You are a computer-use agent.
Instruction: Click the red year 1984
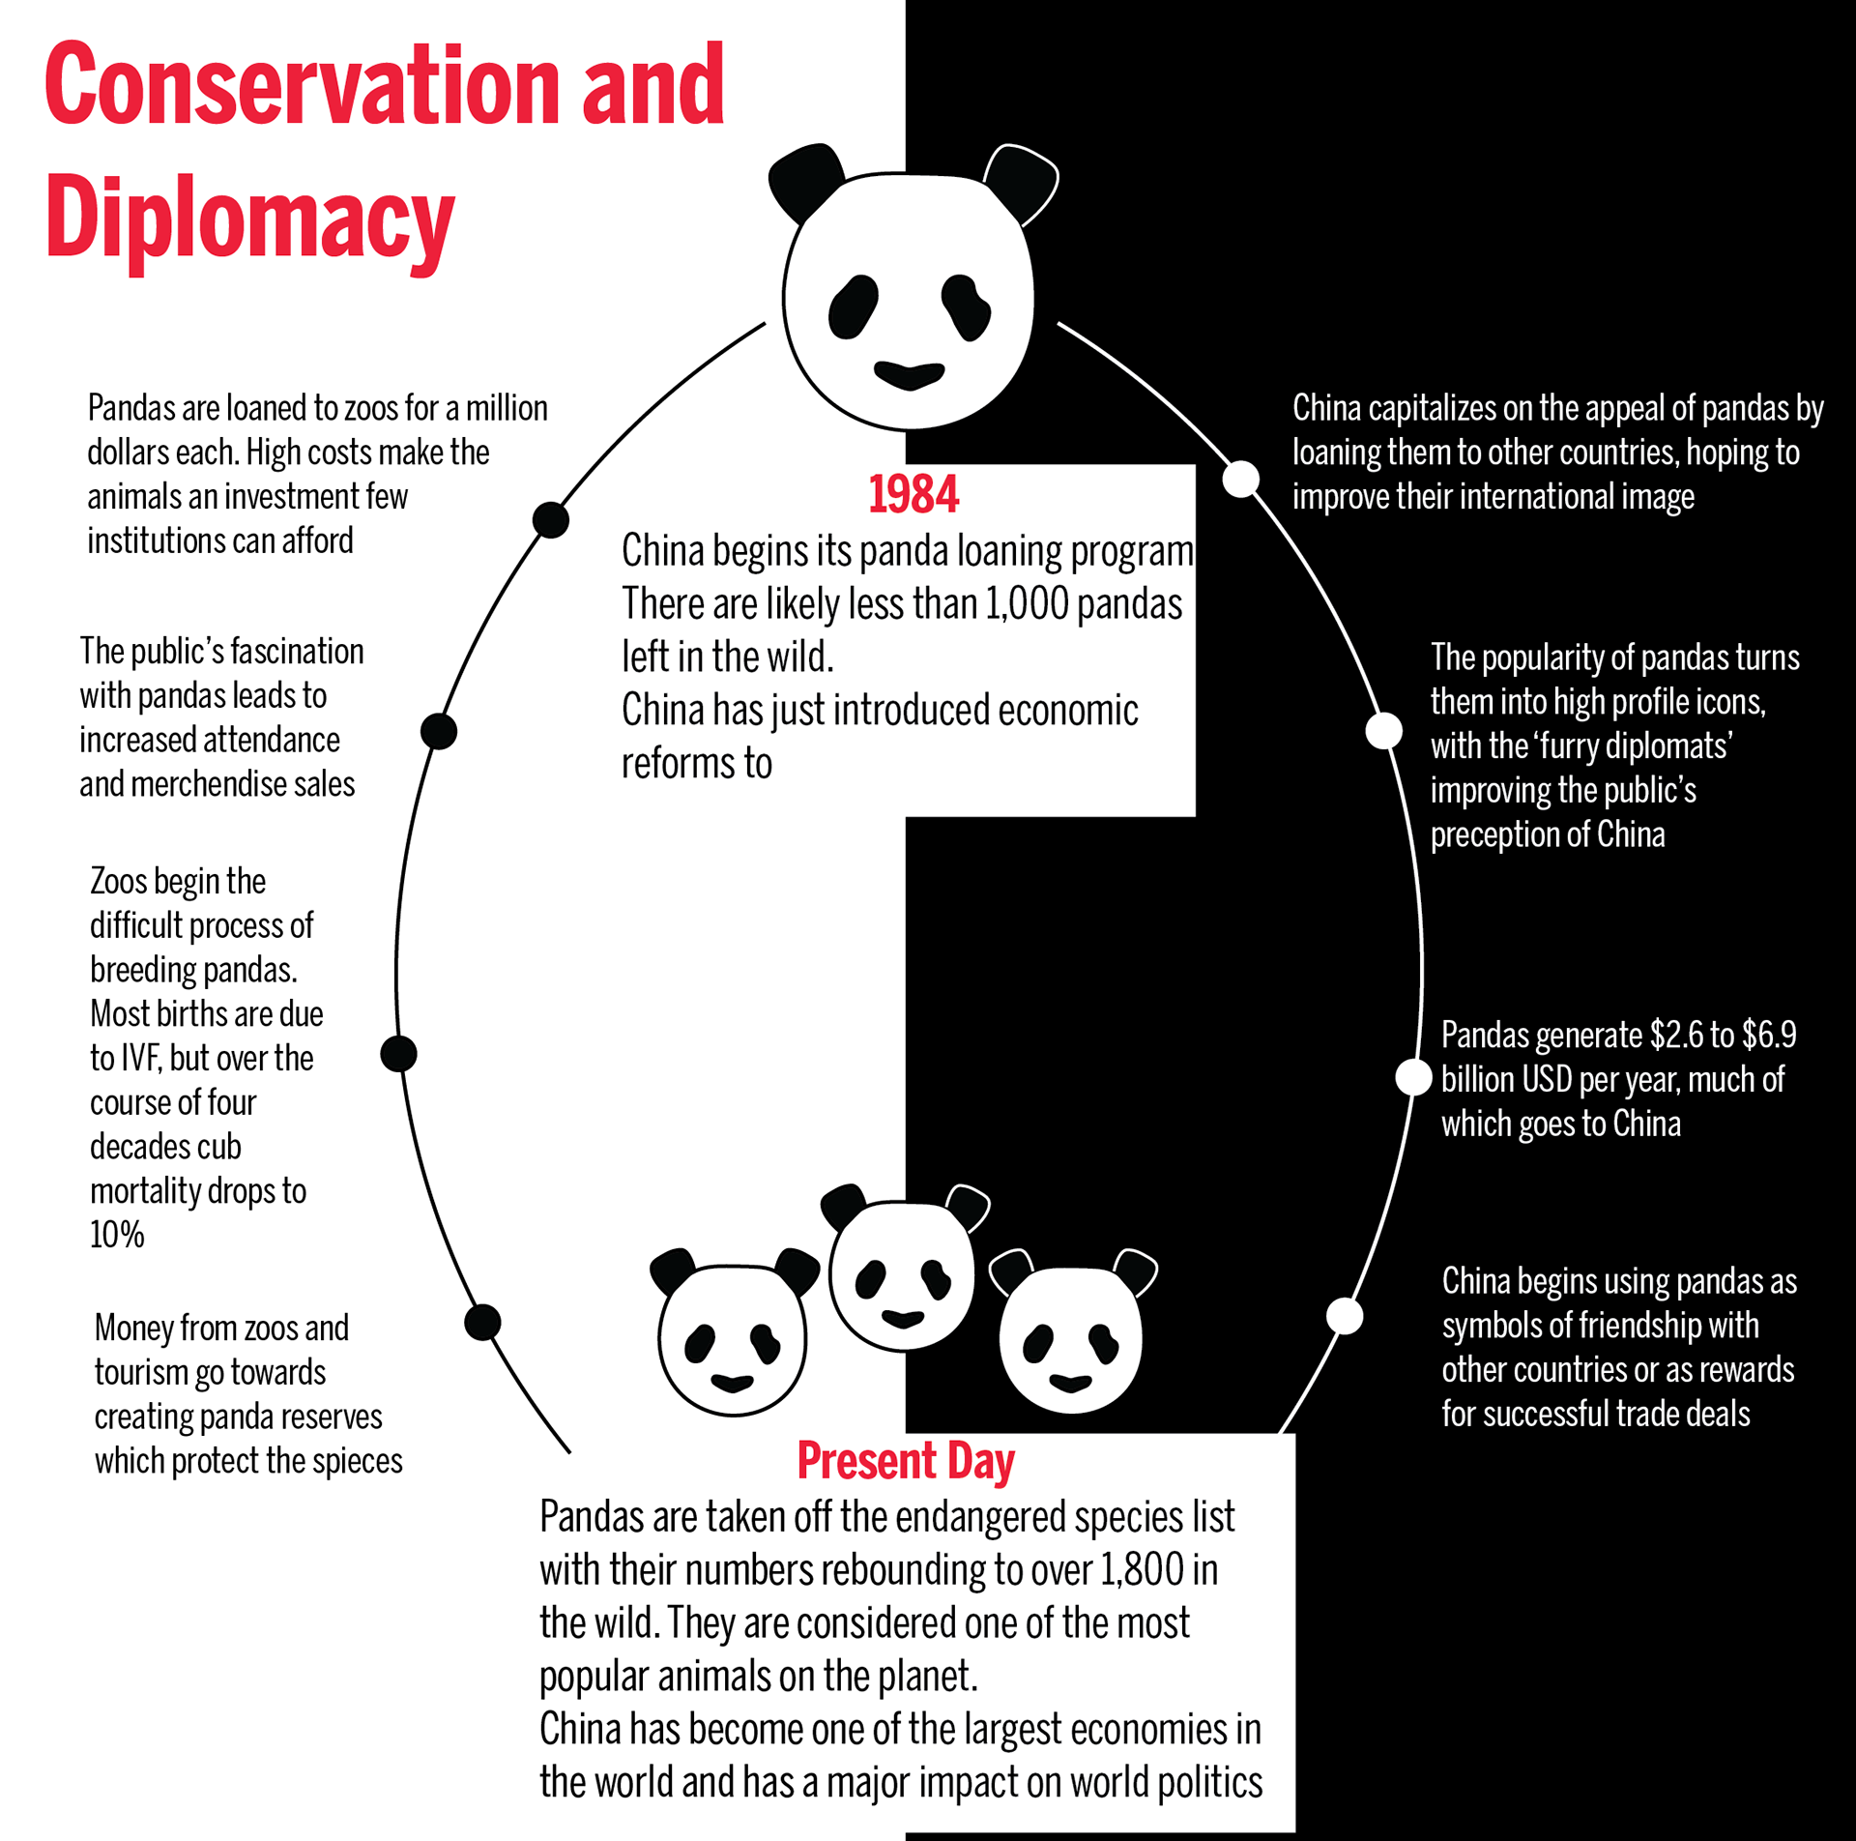click(913, 495)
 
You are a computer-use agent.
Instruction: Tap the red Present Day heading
click(905, 1461)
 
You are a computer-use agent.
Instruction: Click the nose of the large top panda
click(909, 374)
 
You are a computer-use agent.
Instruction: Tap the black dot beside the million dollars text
click(551, 520)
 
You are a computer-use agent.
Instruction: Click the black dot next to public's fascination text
click(439, 731)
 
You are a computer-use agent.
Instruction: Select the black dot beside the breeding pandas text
click(398, 1054)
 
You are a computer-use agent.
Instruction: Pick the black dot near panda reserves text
click(482, 1322)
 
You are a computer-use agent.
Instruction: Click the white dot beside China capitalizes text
click(1241, 479)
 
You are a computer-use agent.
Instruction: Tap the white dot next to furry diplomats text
click(1384, 731)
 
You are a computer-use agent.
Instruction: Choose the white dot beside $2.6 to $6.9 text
click(1413, 1077)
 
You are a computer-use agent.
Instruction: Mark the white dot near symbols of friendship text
click(1345, 1316)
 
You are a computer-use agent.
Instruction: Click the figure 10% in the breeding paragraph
click(117, 1235)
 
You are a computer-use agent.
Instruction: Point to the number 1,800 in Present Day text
click(1142, 1570)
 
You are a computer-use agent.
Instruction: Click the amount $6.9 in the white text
click(1769, 1035)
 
